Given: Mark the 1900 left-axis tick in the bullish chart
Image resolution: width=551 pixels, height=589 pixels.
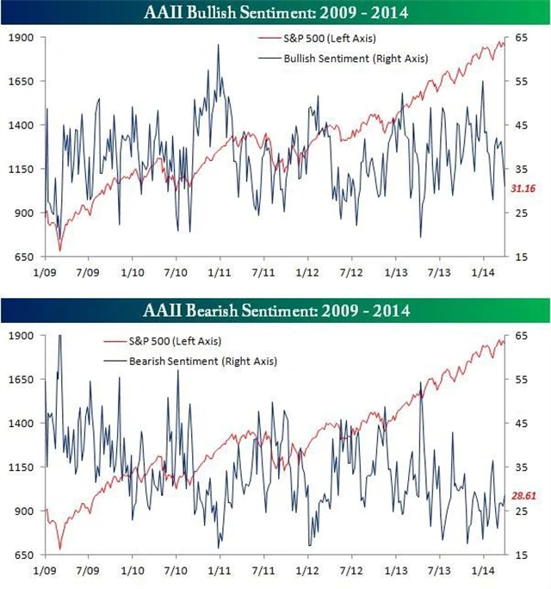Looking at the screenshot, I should click(x=22, y=38).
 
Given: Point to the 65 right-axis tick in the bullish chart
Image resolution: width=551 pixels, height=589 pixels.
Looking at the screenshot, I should click(x=521, y=38).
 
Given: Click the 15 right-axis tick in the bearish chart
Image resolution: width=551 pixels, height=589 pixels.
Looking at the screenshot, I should click(x=521, y=555).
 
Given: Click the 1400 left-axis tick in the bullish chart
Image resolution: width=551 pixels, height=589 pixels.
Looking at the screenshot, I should click(x=22, y=126).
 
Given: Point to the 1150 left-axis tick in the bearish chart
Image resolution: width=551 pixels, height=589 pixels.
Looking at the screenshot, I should click(x=22, y=468).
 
